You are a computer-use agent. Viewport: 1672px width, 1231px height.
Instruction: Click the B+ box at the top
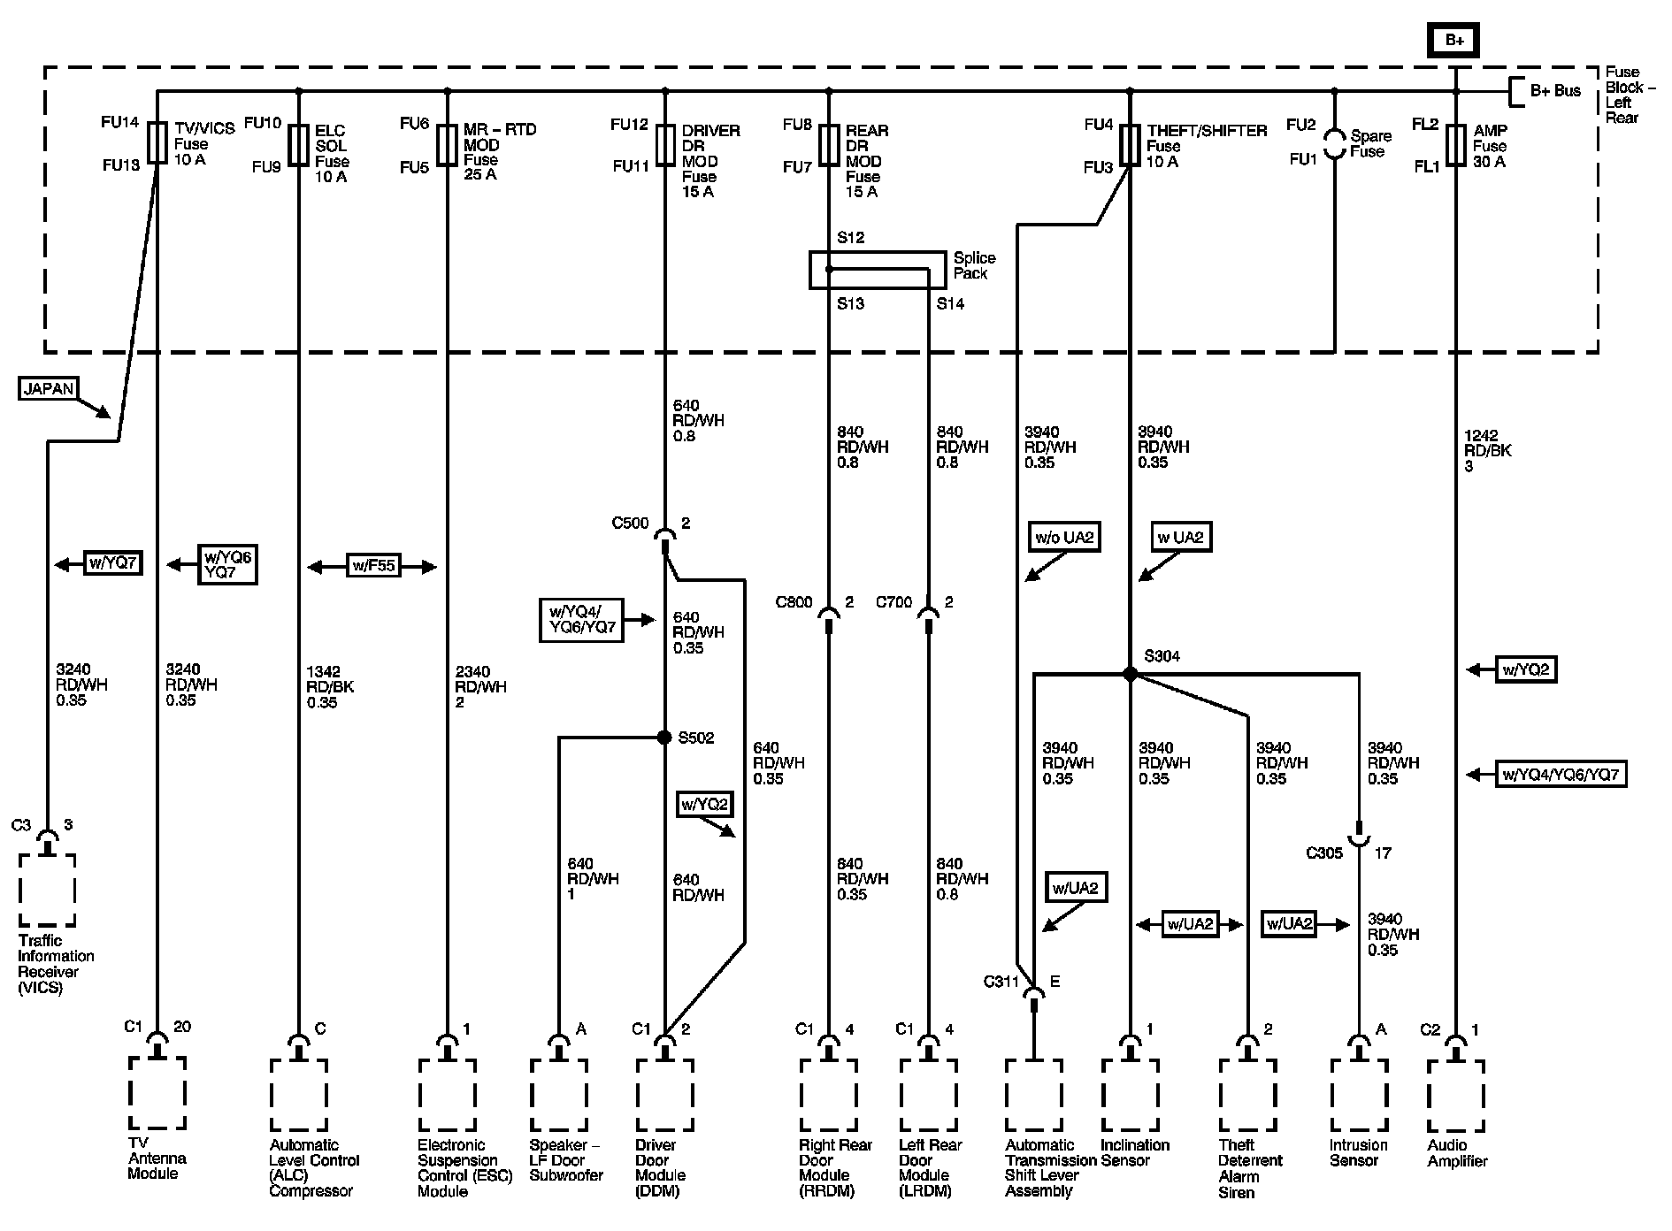pyautogui.click(x=1454, y=40)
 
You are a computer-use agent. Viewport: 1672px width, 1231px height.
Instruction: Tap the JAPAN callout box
pyautogui.click(x=49, y=388)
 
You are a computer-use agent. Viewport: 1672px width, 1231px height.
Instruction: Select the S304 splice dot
pyautogui.click(x=1130, y=674)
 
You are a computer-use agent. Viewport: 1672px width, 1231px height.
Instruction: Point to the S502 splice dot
pyautogui.click(x=664, y=737)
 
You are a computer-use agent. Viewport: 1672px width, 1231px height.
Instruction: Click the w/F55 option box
pyautogui.click(x=373, y=566)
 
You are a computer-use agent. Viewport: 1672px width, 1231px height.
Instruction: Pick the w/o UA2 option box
pyautogui.click(x=1064, y=537)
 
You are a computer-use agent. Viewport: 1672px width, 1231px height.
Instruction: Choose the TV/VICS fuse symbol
pyautogui.click(x=157, y=142)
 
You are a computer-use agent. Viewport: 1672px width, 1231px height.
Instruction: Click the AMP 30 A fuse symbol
pyautogui.click(x=1455, y=145)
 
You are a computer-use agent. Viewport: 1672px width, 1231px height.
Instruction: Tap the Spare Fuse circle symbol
pyautogui.click(x=1334, y=144)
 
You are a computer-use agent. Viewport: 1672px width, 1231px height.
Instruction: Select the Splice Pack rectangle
pyautogui.click(x=877, y=270)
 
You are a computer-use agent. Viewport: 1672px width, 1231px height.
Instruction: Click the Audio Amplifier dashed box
pyautogui.click(x=1455, y=1095)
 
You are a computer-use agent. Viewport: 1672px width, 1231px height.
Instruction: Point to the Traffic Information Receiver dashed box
pyautogui.click(x=48, y=890)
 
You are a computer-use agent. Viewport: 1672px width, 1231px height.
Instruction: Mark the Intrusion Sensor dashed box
pyautogui.click(x=1358, y=1095)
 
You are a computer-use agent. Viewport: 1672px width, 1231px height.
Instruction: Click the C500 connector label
pyautogui.click(x=630, y=524)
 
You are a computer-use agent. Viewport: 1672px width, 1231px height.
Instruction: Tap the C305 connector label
pyautogui.click(x=1324, y=853)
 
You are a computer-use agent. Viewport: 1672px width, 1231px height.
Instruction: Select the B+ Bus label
pyautogui.click(x=1554, y=91)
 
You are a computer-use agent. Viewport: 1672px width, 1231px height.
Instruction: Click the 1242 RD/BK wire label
pyautogui.click(x=1487, y=450)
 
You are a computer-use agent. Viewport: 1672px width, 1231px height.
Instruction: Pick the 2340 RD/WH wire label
pyautogui.click(x=479, y=686)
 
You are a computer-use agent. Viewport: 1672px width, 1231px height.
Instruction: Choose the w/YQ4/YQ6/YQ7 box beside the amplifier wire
pyautogui.click(x=1561, y=775)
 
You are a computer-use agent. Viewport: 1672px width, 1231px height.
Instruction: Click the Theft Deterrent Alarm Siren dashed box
pyautogui.click(x=1247, y=1095)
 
